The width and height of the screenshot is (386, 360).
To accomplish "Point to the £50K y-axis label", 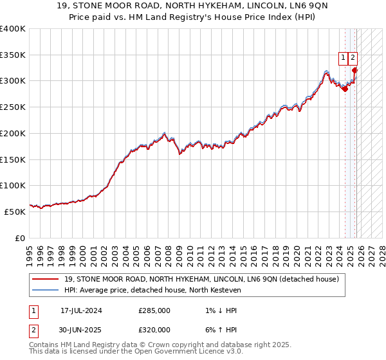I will tap(14, 212).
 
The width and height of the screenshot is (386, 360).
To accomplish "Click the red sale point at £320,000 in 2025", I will tap(355, 71).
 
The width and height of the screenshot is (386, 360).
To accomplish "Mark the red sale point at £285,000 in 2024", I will tap(345, 89).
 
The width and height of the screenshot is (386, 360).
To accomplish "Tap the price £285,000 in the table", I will tap(154, 310).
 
